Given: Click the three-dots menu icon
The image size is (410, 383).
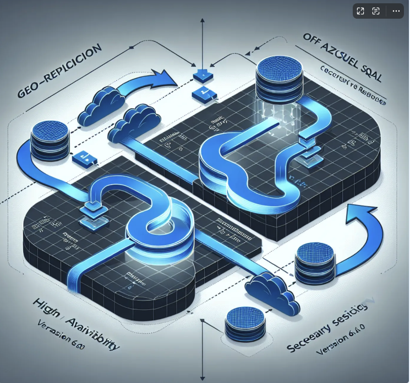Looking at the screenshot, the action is [x=396, y=11].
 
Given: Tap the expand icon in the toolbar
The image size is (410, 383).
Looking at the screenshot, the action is [x=360, y=11].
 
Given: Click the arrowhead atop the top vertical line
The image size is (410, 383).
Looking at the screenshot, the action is [x=203, y=21].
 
